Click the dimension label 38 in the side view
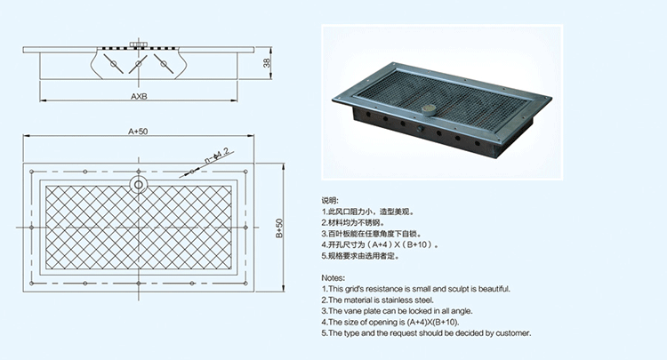pyautogui.click(x=268, y=63)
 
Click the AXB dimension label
pyautogui.click(x=139, y=95)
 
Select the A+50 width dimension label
pyautogui.click(x=137, y=131)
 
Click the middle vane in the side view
pyautogui.click(x=137, y=65)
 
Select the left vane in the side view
pyautogui.click(x=112, y=63)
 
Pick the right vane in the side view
pyautogui.click(x=162, y=63)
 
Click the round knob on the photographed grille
pyautogui.click(x=429, y=111)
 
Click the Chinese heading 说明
pyautogui.click(x=329, y=200)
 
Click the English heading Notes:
pyautogui.click(x=333, y=277)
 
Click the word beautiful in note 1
pyautogui.click(x=491, y=289)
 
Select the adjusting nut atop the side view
pyautogui.click(x=137, y=44)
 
